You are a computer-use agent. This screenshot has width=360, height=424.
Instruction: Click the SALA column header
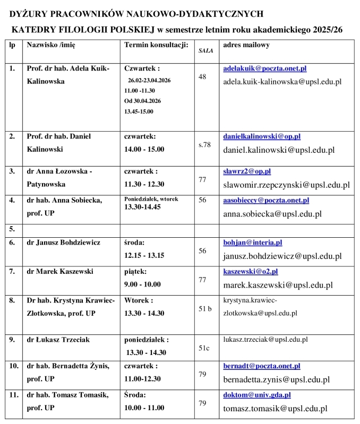tap(206, 51)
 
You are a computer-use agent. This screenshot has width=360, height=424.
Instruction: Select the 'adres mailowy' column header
tap(246, 45)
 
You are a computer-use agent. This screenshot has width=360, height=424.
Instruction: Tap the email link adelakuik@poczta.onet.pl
tap(264, 68)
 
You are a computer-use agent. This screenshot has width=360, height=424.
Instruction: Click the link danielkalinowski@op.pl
tap(262, 136)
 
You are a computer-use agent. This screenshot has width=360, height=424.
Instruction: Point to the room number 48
tap(202, 77)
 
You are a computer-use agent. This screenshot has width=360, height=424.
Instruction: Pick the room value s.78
tap(204, 144)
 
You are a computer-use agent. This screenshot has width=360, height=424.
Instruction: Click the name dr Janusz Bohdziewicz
tap(63, 243)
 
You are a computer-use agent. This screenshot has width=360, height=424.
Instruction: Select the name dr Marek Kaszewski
tap(60, 271)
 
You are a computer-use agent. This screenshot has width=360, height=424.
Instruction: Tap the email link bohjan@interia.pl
tap(252, 243)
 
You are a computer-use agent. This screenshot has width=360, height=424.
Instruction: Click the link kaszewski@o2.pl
tap(251, 271)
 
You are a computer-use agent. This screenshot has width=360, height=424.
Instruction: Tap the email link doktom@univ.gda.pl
tap(257, 395)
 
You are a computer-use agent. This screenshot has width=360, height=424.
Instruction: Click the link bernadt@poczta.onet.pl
tap(262, 366)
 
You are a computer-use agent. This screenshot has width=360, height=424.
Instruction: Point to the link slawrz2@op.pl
tap(247, 171)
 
